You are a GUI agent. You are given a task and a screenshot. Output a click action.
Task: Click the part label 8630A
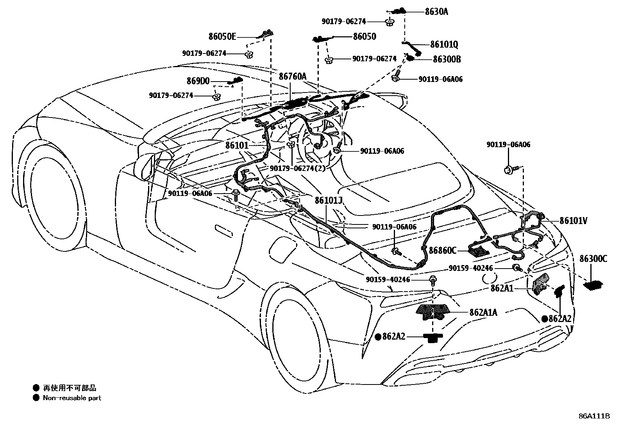(436, 12)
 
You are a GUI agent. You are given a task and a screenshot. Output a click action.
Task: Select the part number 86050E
(222, 37)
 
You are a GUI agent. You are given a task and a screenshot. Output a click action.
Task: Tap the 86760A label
(293, 77)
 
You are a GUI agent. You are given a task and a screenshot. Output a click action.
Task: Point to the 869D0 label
(198, 81)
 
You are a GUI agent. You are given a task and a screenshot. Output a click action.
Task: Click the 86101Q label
(444, 45)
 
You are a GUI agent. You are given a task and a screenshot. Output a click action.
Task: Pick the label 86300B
(447, 59)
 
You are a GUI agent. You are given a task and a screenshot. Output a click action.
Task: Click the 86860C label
(442, 250)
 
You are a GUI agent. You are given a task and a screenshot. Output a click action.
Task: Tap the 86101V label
(573, 221)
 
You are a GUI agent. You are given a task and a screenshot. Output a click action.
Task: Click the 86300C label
(593, 258)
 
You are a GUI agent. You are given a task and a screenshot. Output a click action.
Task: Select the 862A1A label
(483, 312)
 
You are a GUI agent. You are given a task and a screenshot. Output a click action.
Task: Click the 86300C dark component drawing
(593, 286)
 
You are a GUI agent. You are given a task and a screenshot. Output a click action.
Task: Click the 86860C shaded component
(479, 250)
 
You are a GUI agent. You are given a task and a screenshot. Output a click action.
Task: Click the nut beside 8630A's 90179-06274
(389, 22)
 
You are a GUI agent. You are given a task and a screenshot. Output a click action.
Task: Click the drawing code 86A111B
(594, 416)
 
